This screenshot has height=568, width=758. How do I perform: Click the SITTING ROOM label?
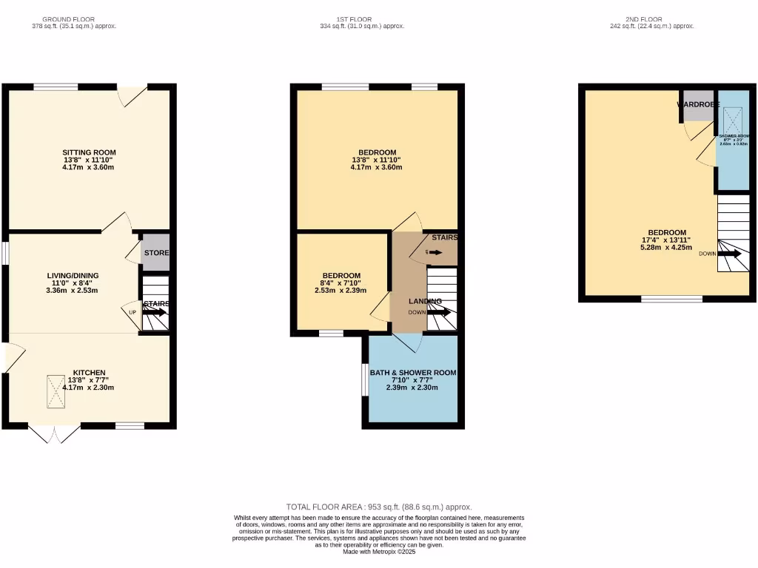[x=89, y=152]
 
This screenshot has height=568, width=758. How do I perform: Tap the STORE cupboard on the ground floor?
[x=156, y=253]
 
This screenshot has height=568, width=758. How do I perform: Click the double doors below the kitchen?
[x=54, y=433]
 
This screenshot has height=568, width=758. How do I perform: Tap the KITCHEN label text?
[x=89, y=372]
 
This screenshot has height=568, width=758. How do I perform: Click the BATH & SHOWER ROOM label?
[x=413, y=373]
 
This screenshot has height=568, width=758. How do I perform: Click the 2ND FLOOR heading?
[x=644, y=19]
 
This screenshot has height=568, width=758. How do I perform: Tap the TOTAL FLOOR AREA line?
[x=379, y=507]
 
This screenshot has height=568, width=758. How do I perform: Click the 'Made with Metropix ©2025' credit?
[x=379, y=552]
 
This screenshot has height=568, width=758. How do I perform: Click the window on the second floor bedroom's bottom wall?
[x=671, y=300]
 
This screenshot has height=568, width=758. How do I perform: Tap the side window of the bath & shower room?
[x=365, y=379]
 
